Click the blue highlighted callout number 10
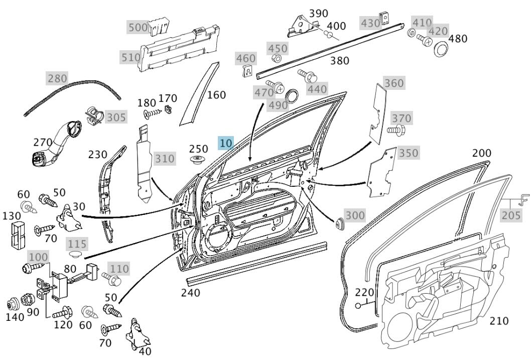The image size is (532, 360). (x=226, y=143)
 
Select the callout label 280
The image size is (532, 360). (x=57, y=78)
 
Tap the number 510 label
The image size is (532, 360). (x=130, y=57)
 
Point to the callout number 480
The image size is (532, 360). (x=458, y=39)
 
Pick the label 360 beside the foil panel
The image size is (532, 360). (x=394, y=83)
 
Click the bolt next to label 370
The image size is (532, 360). (x=393, y=131)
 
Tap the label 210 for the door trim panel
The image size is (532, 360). (x=499, y=320)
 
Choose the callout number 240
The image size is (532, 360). (x=190, y=293)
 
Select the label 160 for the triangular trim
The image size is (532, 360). (x=216, y=94)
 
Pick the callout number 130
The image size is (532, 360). (x=11, y=215)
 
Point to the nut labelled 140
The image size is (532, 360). (x=12, y=304)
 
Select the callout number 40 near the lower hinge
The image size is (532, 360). (x=145, y=350)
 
